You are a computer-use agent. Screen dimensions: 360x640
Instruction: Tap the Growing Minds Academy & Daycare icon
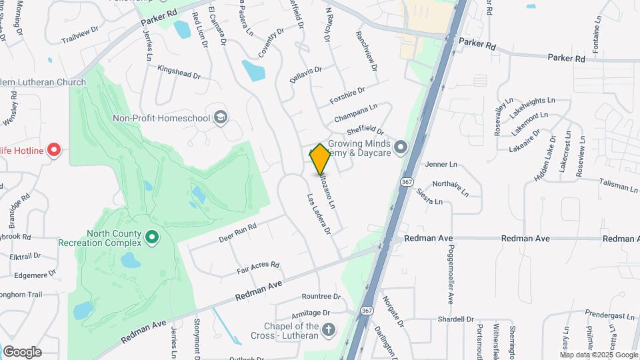coord(400,147)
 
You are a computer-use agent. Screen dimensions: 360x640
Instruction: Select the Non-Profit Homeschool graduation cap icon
coord(221,119)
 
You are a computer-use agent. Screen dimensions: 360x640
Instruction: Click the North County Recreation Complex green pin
coord(152,237)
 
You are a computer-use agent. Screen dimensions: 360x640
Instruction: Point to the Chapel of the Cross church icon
coord(328,330)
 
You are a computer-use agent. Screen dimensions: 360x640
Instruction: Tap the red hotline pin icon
coord(55,151)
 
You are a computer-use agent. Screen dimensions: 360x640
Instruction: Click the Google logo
coord(22,352)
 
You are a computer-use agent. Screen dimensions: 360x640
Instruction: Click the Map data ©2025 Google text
coord(598,355)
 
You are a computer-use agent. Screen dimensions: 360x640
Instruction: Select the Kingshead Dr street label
coord(179,71)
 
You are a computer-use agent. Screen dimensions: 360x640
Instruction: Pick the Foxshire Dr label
coord(347,96)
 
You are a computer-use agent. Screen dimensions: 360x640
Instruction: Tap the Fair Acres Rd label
coord(257,268)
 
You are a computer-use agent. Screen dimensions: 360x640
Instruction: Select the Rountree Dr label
coord(321,297)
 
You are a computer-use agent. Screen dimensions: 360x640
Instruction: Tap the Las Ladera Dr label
coord(319,214)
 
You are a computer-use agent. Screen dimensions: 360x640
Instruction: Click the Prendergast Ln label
coord(610,314)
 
